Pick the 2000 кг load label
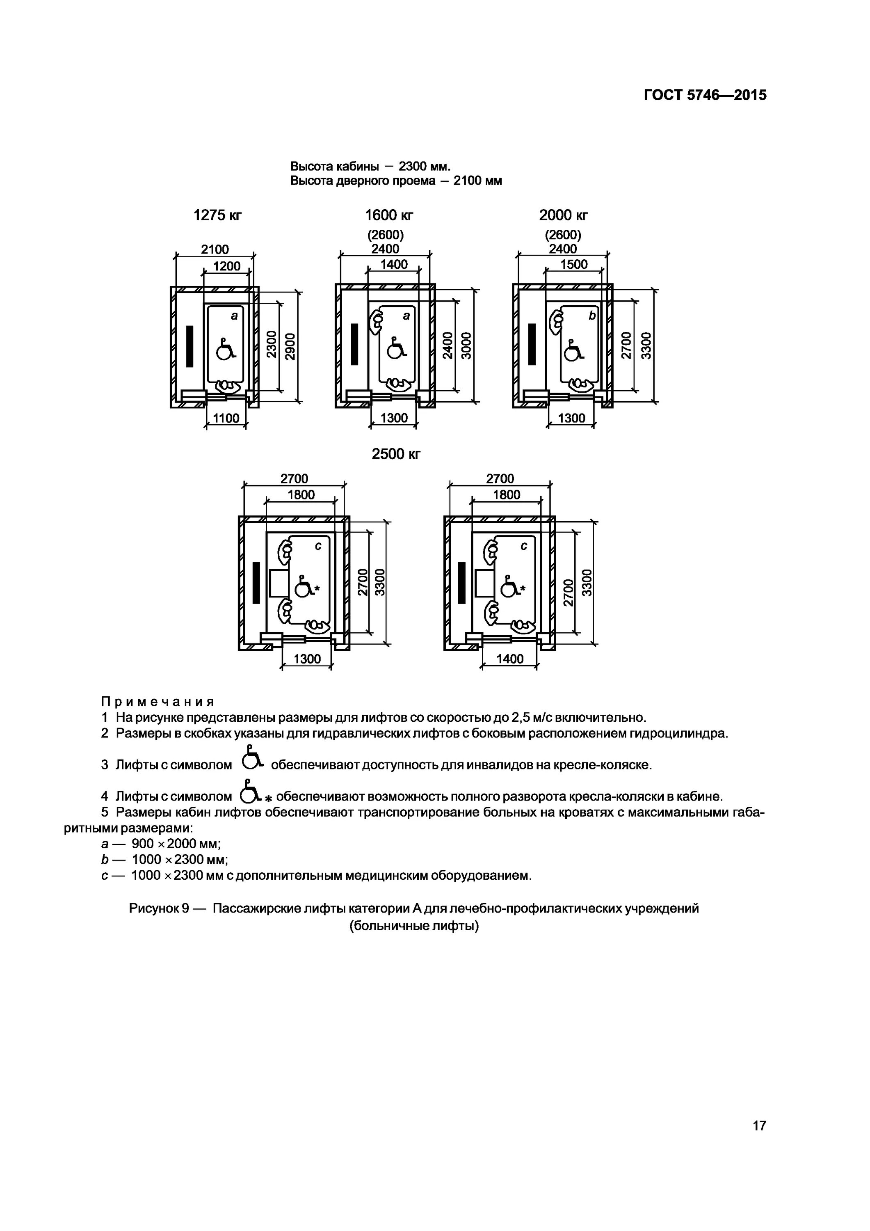(x=563, y=215)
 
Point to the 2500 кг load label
(x=396, y=454)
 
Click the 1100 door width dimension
(x=226, y=418)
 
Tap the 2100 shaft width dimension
(x=215, y=249)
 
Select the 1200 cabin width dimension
(x=227, y=266)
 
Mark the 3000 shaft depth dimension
(x=466, y=346)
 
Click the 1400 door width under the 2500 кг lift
(x=510, y=659)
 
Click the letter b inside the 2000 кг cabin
(x=592, y=316)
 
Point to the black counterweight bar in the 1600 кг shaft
(x=354, y=344)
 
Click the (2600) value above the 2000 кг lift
(x=563, y=235)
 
